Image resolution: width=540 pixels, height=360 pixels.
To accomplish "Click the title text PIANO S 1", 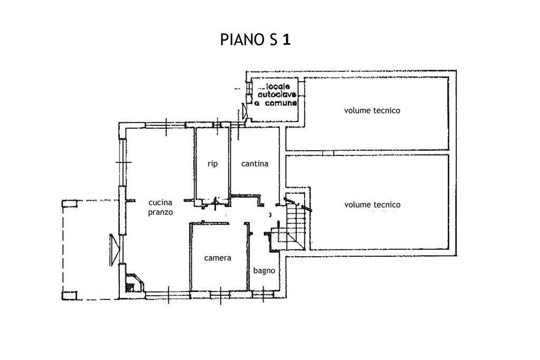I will click(x=255, y=41).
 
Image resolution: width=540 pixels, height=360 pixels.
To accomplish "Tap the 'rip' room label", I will click(x=212, y=164).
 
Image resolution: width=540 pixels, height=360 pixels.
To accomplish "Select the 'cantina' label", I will click(x=255, y=164).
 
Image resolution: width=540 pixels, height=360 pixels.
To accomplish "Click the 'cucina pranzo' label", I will click(x=160, y=207).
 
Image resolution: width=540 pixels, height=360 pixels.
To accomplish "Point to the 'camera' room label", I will click(x=218, y=258).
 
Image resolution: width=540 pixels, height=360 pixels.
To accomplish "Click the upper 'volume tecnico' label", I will click(x=372, y=111).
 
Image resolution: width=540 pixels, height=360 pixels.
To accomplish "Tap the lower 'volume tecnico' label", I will click(x=372, y=205).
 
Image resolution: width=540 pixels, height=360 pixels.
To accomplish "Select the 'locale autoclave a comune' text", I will click(x=275, y=95).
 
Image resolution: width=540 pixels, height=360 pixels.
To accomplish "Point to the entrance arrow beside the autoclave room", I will click(x=244, y=111).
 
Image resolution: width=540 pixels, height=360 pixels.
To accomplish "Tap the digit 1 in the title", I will click(x=286, y=41).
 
